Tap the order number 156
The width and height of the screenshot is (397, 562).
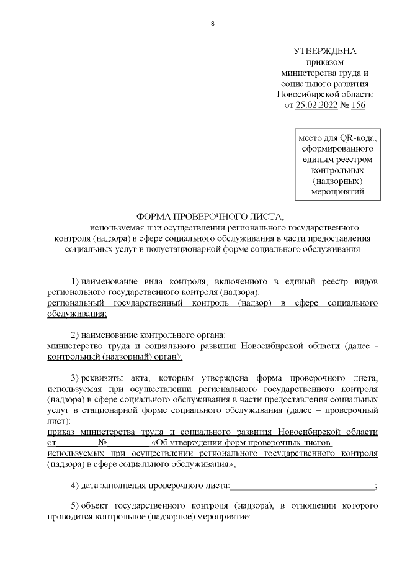tap(358, 105)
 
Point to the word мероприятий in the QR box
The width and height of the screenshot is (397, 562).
tap(337, 192)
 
